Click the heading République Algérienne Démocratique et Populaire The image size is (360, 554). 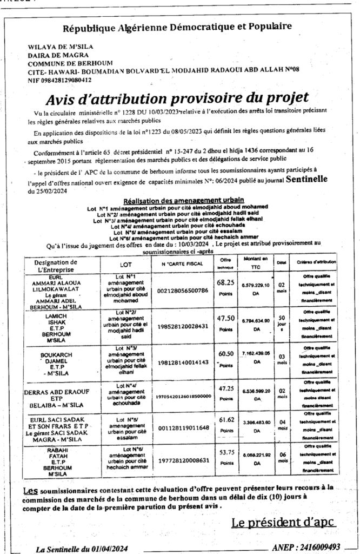pyautogui.click(x=178, y=27)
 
